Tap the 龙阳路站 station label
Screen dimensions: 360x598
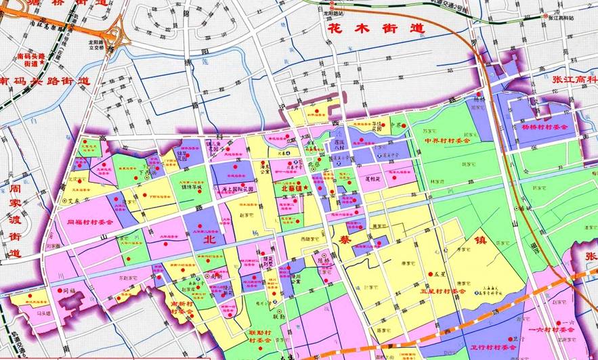[x=332, y=12]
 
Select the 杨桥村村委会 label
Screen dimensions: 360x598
[x=544, y=127]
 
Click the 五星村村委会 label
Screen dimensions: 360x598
[x=443, y=291]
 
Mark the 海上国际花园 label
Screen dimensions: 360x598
[x=234, y=189]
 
